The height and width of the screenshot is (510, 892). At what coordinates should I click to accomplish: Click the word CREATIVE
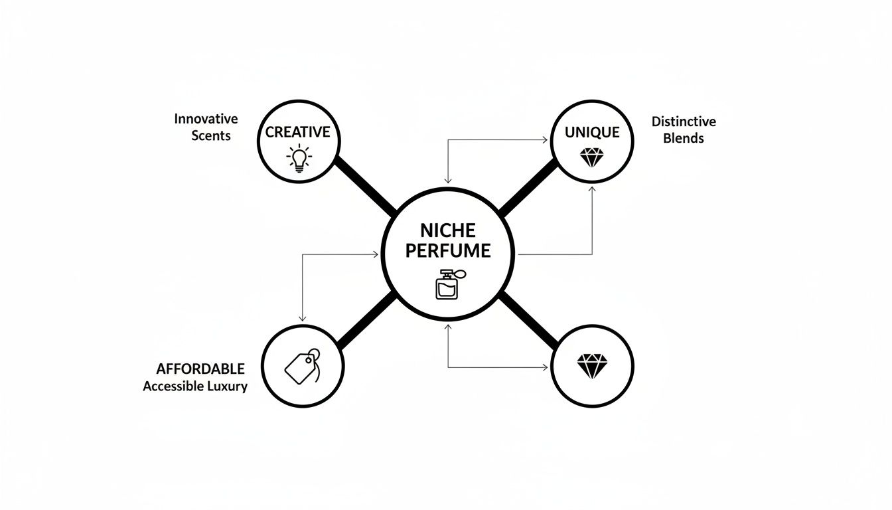click(x=297, y=132)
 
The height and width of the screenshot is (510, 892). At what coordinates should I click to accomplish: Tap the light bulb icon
click(x=298, y=159)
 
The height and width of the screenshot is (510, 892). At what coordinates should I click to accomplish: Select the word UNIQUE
click(x=592, y=132)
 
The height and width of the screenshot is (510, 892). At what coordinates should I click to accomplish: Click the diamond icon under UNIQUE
click(x=592, y=158)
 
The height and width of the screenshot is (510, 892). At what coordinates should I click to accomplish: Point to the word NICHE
click(x=448, y=230)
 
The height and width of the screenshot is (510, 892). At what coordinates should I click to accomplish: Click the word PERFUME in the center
click(x=448, y=251)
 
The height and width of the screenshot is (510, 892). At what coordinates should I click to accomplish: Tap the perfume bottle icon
click(x=448, y=284)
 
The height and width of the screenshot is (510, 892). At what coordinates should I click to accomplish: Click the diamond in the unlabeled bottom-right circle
click(x=592, y=366)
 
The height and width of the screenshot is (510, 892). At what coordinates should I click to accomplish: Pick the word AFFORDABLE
click(x=200, y=369)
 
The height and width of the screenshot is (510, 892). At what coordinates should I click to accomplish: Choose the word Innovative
click(x=206, y=119)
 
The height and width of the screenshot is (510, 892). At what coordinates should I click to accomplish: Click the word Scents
click(x=210, y=136)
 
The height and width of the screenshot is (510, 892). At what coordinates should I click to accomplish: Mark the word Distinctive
click(x=684, y=122)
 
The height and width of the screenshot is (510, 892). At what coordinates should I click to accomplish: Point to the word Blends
click(x=684, y=139)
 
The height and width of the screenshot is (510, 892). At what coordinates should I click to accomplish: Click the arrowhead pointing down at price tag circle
click(x=303, y=319)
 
